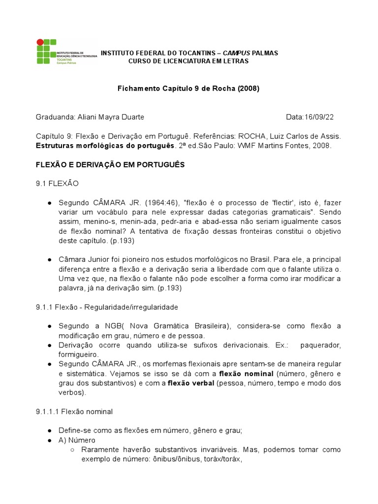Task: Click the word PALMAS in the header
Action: (x=264, y=53)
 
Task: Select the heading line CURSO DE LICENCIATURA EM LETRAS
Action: (x=189, y=61)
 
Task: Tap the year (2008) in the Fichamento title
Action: (x=248, y=89)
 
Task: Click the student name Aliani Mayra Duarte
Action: (x=111, y=117)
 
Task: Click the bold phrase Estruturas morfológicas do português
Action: (x=105, y=146)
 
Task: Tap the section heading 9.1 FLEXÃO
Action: (x=57, y=184)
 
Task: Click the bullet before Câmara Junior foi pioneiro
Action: (x=50, y=260)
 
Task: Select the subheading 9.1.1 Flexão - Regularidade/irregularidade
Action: (x=107, y=307)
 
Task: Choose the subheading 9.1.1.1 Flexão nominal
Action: (x=74, y=411)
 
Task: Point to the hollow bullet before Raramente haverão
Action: (x=72, y=450)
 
